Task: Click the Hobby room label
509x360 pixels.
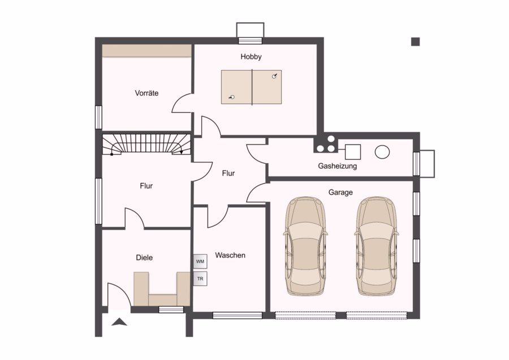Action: coord(251,57)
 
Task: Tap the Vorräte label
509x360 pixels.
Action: coord(146,93)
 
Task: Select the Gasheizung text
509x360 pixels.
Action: coord(337,166)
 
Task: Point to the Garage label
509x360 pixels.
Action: coord(340,192)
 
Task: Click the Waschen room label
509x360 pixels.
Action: coord(230,255)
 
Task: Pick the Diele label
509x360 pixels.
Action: coord(144,258)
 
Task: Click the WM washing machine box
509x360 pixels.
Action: coord(200,262)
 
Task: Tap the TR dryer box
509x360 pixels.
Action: coord(200,278)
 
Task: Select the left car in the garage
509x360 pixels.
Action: coord(305,246)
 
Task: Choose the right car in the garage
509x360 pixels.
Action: coord(377,246)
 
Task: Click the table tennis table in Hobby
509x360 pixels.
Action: coord(251,87)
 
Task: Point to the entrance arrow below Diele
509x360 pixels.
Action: coord(119,322)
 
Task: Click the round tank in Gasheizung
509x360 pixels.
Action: coord(382,152)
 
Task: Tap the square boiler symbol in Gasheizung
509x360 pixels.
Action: coord(353,152)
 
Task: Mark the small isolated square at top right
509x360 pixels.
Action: coord(416,41)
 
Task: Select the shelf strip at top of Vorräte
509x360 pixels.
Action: coord(146,51)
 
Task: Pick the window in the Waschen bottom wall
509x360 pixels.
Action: coord(238,315)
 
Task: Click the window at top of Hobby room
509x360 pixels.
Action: coord(251,41)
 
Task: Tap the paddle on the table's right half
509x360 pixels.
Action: coord(275,76)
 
